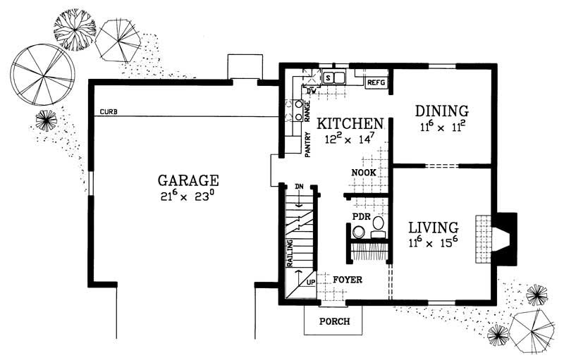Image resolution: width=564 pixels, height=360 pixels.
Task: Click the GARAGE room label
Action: [188, 180]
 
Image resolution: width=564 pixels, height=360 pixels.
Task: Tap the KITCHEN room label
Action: [350, 124]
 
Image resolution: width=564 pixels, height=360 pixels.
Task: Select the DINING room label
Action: [441, 111]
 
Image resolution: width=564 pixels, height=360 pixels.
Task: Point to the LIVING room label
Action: [433, 228]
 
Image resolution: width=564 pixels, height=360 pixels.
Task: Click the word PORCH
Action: [332, 321]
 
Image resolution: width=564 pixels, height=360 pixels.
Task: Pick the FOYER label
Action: [348, 280]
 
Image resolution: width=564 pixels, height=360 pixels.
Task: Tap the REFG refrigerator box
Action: [376, 82]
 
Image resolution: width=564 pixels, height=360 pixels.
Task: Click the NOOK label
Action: [364, 173]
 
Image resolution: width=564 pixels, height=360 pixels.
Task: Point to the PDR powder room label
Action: [362, 216]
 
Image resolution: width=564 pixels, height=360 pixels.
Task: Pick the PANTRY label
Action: [308, 144]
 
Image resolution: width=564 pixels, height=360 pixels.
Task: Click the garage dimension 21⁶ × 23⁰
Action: [188, 197]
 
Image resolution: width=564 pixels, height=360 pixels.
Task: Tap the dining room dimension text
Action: [441, 127]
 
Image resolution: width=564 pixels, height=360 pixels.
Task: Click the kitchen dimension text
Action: [350, 139]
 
